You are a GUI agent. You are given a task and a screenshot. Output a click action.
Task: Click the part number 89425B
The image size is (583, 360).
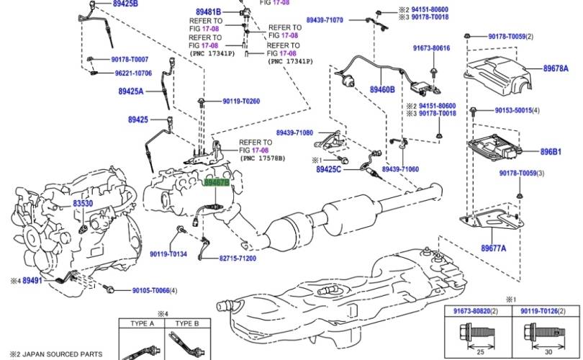[125, 4]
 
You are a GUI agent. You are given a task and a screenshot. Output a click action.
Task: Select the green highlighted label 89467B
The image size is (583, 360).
[217, 184]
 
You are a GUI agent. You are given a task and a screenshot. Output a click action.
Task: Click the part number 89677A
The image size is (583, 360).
[493, 248]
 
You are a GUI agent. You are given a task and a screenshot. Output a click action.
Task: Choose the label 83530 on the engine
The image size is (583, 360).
[83, 204]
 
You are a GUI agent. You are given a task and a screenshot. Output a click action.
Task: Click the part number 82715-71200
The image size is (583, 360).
[237, 258]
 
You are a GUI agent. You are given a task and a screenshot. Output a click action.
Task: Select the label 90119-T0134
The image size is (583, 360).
[168, 253]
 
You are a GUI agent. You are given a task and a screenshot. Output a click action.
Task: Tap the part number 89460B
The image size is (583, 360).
[382, 90]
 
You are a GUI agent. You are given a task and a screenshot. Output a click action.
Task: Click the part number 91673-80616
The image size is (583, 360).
[431, 48]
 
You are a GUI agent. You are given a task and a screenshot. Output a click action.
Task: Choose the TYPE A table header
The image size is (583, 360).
[143, 324]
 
